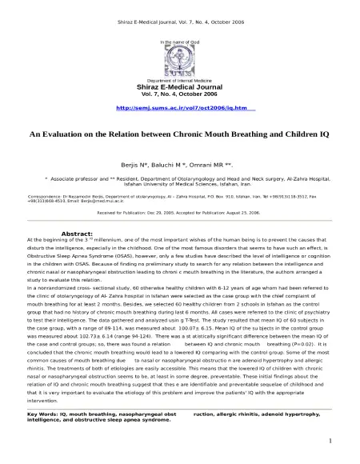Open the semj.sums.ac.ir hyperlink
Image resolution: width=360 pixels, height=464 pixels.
click(x=179, y=106)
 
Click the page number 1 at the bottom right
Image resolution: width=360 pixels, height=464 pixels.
click(x=330, y=441)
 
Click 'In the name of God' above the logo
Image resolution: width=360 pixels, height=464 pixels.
click(x=179, y=40)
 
